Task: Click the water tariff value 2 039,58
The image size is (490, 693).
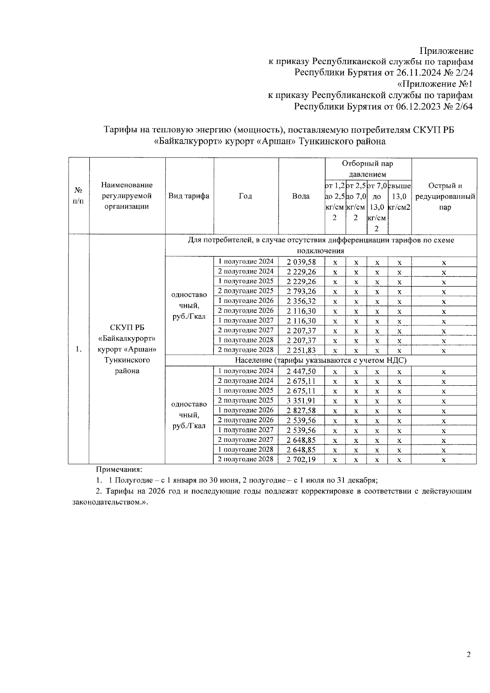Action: (x=301, y=262)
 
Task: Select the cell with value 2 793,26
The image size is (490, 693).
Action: (x=301, y=291)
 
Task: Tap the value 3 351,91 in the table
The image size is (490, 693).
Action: (x=301, y=401)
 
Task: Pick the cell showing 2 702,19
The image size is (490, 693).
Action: (x=301, y=460)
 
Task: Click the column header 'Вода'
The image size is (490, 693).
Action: (x=301, y=196)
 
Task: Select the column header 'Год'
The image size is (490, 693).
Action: (x=245, y=196)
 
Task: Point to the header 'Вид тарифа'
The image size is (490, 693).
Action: (x=189, y=196)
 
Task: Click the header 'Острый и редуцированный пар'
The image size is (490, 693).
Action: (x=445, y=196)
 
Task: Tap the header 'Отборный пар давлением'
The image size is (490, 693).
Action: (x=367, y=169)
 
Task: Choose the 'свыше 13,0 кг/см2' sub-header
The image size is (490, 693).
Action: (x=399, y=196)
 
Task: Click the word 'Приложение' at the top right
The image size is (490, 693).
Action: (x=447, y=51)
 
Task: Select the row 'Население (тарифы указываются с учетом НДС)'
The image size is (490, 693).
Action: (x=321, y=360)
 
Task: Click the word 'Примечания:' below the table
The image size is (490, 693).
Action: (x=118, y=470)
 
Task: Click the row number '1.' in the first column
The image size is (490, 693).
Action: (x=79, y=349)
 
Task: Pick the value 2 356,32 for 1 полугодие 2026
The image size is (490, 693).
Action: (x=301, y=301)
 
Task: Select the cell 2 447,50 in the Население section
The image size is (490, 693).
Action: (x=301, y=371)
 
